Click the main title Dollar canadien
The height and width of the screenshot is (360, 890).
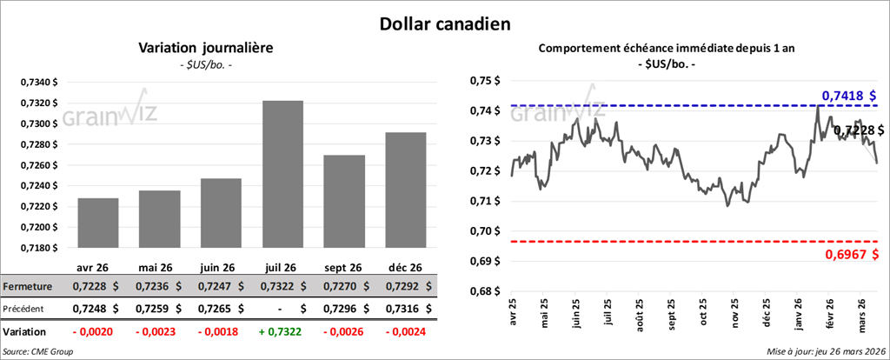(x=444, y=21)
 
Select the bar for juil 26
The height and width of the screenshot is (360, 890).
(x=283, y=174)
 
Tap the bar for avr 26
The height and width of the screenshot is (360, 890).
(x=98, y=223)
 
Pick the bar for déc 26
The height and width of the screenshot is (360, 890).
(x=406, y=190)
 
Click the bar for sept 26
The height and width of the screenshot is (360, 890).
(x=344, y=201)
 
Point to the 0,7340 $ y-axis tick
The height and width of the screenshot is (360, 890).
(x=40, y=82)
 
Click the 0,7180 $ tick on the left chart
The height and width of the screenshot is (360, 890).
(x=40, y=248)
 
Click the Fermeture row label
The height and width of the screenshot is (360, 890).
(x=29, y=286)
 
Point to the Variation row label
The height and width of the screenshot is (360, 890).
(x=25, y=331)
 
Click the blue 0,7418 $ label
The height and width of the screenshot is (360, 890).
(x=848, y=95)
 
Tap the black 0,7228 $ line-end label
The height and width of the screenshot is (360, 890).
(x=858, y=130)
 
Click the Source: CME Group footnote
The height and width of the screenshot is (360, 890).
(x=37, y=350)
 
